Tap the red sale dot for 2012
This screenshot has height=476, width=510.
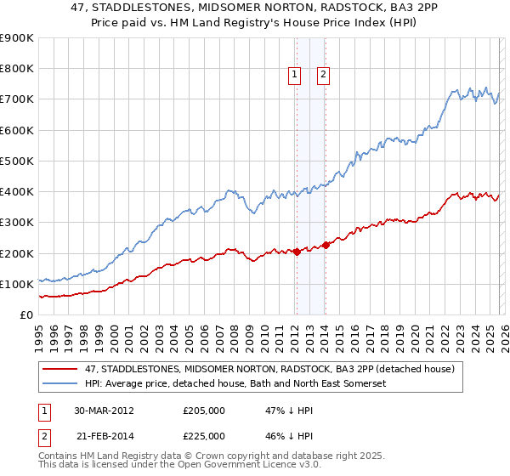click(297, 252)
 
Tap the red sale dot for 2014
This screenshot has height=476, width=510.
click(326, 246)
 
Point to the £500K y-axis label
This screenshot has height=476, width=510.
click(17, 161)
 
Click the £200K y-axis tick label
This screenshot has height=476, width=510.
click(17, 253)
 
